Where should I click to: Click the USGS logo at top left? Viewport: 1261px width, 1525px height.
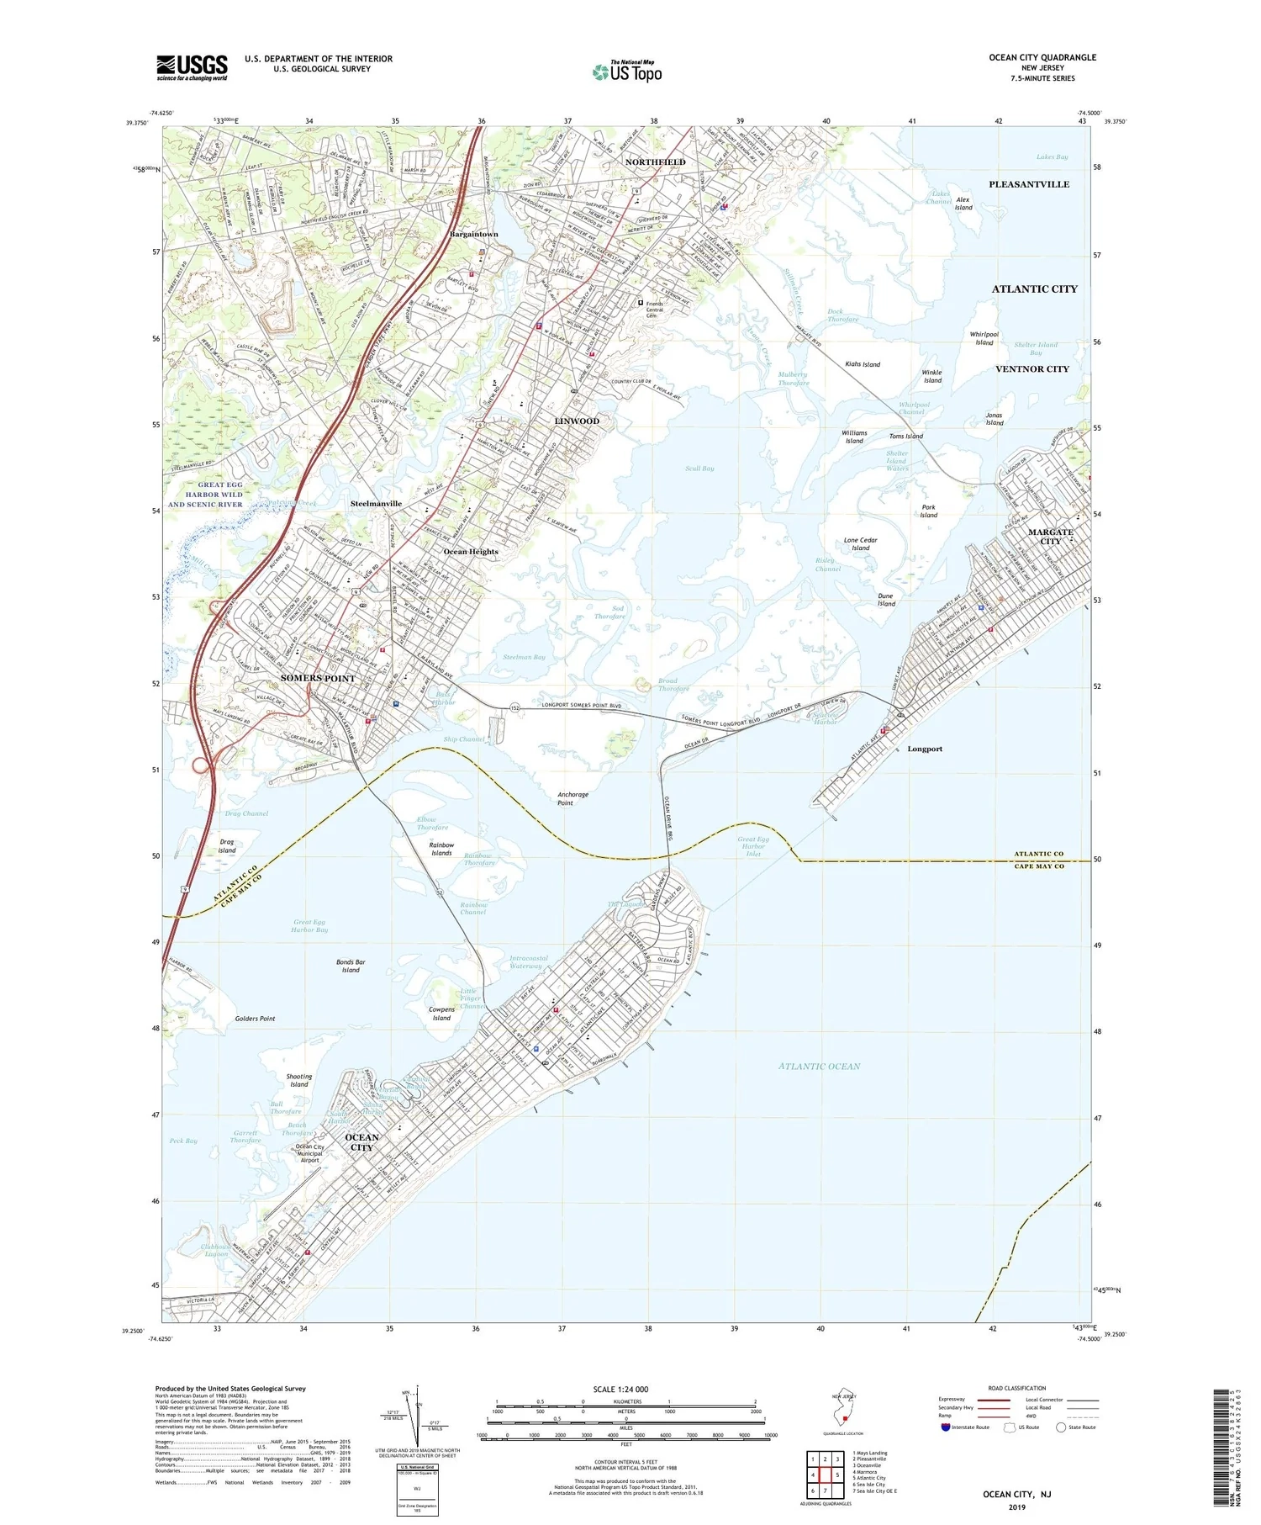pos(192,67)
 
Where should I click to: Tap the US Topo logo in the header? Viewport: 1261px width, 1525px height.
pos(627,71)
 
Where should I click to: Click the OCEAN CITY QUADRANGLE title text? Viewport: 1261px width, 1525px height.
pos(1042,57)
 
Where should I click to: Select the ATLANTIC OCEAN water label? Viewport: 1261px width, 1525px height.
pos(819,1066)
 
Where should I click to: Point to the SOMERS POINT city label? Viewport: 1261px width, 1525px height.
pos(318,678)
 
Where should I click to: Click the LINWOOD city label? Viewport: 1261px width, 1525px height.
pos(577,421)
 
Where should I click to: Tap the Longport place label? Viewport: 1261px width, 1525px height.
pos(925,749)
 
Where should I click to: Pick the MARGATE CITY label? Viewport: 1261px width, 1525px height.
pos(1051,537)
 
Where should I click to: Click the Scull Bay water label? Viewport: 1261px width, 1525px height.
pos(699,469)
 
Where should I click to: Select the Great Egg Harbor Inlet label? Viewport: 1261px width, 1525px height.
pos(753,846)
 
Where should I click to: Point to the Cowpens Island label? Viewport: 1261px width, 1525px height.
pos(441,1014)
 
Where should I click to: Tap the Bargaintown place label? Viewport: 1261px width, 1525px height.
pos(474,234)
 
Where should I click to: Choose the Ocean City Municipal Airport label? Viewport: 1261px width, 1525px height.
pos(309,1153)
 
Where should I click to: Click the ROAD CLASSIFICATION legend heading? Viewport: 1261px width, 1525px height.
pos(1017,1388)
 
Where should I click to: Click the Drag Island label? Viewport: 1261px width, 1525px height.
pos(227,845)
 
